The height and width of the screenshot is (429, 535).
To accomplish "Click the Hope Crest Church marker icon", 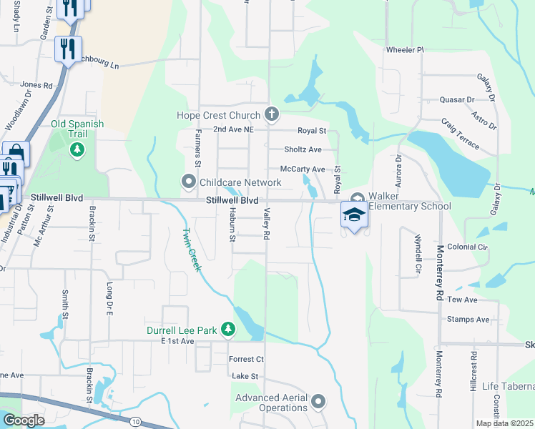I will (271, 114).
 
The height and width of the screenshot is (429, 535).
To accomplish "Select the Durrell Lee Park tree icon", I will (228, 329).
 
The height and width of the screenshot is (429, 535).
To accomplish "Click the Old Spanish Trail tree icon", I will (77, 149).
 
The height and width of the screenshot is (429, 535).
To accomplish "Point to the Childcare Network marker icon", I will (190, 182).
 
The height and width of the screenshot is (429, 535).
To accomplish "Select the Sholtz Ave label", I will (303, 149).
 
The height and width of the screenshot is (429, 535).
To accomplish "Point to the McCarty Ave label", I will (303, 169).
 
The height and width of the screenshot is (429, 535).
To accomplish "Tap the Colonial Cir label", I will (468, 247).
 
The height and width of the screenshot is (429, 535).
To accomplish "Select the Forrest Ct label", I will (246, 359).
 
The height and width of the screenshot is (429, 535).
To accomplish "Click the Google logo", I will (24, 420).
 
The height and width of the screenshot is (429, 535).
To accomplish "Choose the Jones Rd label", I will (36, 84).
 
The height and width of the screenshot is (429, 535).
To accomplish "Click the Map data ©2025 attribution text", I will (504, 423).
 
